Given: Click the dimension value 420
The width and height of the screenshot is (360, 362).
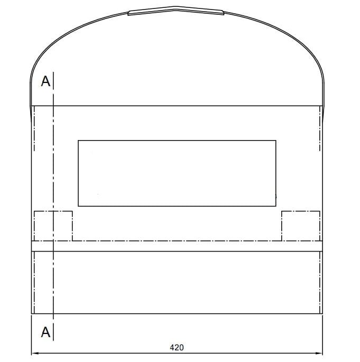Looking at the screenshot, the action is click(x=177, y=347).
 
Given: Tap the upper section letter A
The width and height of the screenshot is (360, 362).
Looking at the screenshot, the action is click(x=45, y=81).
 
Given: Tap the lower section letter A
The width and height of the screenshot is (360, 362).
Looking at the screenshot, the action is click(x=45, y=332).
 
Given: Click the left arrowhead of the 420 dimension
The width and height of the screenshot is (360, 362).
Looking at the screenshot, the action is click(x=35, y=353).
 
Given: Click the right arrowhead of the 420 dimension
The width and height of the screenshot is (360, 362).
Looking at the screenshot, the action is click(x=319, y=353).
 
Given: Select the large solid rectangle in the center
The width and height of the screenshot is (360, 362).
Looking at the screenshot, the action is click(x=177, y=141).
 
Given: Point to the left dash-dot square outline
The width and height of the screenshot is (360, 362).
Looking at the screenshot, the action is click(x=53, y=211).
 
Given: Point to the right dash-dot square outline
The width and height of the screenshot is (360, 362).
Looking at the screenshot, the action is click(x=301, y=211).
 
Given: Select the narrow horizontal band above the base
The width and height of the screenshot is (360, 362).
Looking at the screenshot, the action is click(x=177, y=246).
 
